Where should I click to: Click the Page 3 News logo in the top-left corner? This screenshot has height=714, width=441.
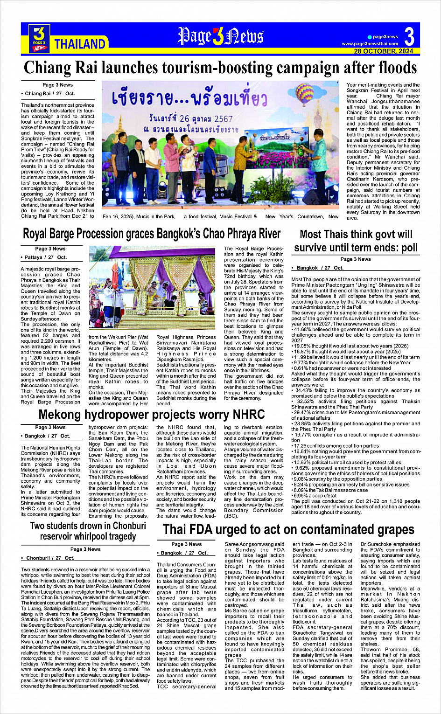click(39, 38)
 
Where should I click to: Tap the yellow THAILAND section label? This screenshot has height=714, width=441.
click(80, 44)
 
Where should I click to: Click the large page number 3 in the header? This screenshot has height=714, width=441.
click(409, 36)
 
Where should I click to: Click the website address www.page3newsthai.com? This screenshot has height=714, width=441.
click(370, 44)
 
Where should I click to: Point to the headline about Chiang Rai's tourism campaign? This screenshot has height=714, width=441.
click(220, 68)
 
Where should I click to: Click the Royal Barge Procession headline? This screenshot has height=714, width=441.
click(152, 234)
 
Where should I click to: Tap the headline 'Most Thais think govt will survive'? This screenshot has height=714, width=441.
click(356, 241)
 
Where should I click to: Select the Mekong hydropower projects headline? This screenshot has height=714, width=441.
click(152, 414)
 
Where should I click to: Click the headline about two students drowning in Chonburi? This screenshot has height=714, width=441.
click(88, 531)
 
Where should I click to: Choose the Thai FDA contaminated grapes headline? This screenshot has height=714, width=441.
click(288, 529)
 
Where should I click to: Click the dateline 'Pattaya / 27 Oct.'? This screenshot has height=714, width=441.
click(45, 257)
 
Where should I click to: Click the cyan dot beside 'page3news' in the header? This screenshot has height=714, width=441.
click(370, 37)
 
